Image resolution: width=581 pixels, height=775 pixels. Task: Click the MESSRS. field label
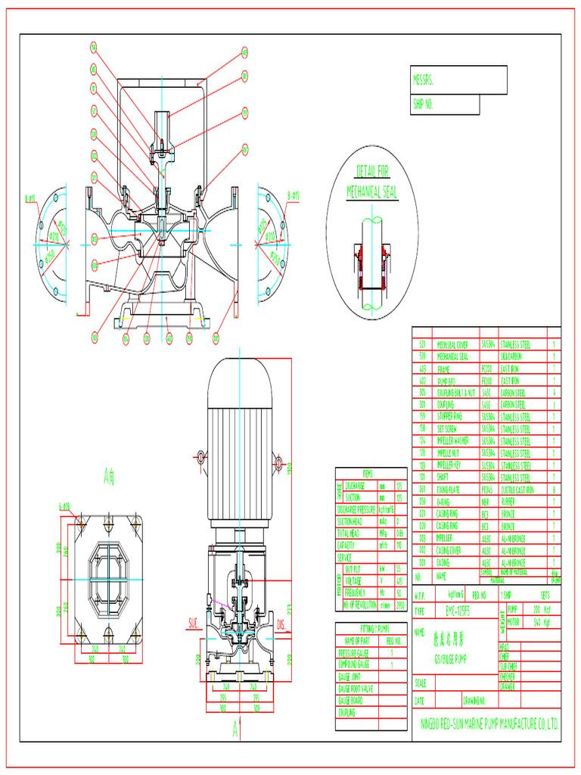click(x=424, y=79)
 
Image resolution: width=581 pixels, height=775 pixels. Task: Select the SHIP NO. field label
click(x=425, y=104)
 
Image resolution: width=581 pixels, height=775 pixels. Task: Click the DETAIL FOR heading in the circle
click(x=373, y=172)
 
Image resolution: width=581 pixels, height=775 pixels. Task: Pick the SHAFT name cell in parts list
click(x=444, y=478)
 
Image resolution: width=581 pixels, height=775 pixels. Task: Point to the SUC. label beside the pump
click(x=193, y=625)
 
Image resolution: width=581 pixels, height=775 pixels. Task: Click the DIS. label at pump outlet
click(x=281, y=625)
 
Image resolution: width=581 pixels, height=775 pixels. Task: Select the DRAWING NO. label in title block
click(x=475, y=701)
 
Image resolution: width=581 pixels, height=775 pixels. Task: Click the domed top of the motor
click(x=241, y=376)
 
